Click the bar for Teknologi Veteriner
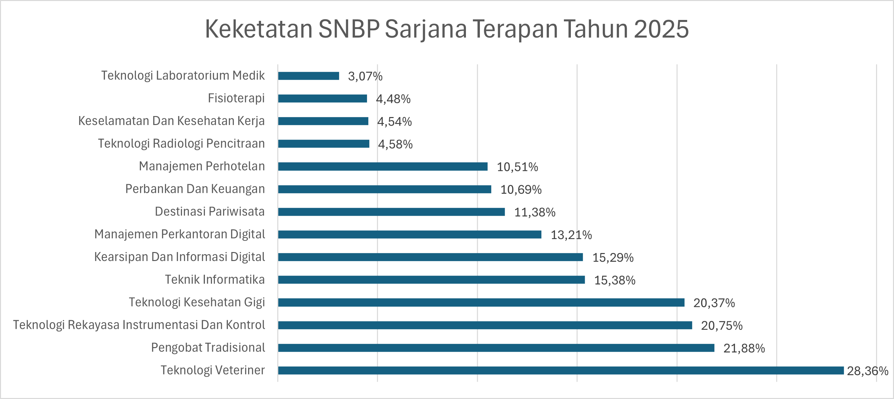coord(561,370)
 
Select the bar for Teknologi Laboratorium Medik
coord(309,76)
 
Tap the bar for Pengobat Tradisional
coord(496,347)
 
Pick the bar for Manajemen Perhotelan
coord(383,167)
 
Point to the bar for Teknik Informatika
coord(431,280)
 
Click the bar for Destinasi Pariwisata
coord(391,212)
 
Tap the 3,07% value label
coord(365,76)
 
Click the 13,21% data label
coord(571,235)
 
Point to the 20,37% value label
coord(714,303)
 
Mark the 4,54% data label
coord(394,122)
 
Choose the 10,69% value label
coord(521,190)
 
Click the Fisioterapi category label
coord(236,98)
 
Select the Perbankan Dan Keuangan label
coord(195,189)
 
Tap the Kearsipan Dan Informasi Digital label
coord(179,257)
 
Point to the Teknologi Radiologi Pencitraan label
coord(181,144)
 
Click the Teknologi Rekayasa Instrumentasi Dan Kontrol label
coord(139,325)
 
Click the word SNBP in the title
coord(348,29)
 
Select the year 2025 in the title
coord(661,29)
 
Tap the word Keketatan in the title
coord(259,29)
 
